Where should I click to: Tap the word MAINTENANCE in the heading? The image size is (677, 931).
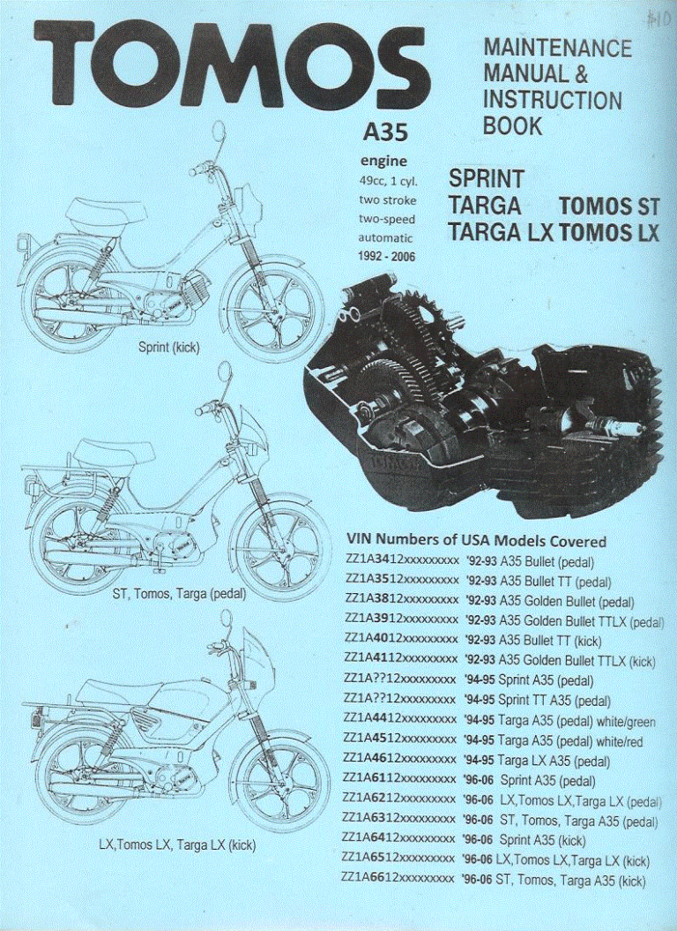pos(557,49)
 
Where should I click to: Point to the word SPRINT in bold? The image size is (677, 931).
pos(487,179)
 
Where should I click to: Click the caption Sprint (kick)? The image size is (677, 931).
pos(169,347)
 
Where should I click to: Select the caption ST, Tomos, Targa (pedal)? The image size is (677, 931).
pos(179,594)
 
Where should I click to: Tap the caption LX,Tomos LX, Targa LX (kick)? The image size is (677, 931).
pos(176,845)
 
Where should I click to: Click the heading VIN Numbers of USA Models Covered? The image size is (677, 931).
pos(476,540)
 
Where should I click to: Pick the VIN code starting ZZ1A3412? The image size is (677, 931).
pos(400,561)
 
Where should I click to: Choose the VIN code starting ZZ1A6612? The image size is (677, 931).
pos(400,880)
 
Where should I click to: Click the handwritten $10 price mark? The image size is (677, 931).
pos(656,19)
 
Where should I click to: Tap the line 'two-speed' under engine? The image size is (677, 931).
pos(386,219)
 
